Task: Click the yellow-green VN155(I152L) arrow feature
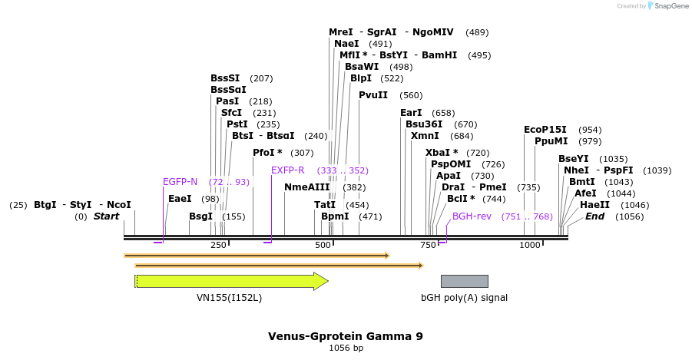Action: click(x=230, y=281)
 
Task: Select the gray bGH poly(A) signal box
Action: click(x=464, y=281)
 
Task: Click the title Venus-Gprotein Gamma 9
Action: click(x=345, y=336)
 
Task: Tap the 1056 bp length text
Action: click(x=346, y=348)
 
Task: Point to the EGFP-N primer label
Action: click(x=180, y=182)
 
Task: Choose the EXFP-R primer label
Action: click(x=287, y=170)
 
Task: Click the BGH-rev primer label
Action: click(x=472, y=216)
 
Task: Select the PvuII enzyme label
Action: click(x=374, y=95)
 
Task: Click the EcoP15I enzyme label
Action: click(x=545, y=130)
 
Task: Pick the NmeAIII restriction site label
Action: click(x=306, y=187)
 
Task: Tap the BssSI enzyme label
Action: click(x=225, y=78)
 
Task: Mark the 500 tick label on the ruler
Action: click(x=323, y=245)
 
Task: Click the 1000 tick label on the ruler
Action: click(x=530, y=245)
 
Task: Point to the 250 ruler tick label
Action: click(x=218, y=245)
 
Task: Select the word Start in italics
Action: click(x=106, y=216)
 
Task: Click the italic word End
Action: click(x=594, y=216)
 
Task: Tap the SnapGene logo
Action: click(x=665, y=6)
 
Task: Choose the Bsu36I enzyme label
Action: click(x=424, y=124)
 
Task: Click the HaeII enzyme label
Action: click(x=594, y=205)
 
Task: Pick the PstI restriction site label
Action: click(x=237, y=124)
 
